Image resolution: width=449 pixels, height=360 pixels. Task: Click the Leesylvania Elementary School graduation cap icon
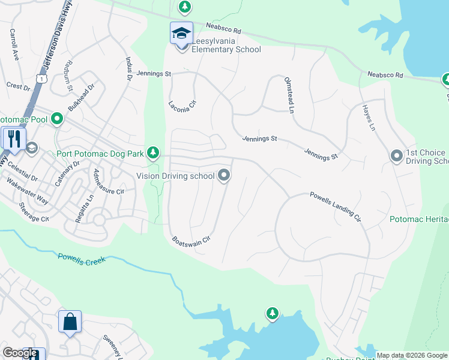click(x=181, y=34)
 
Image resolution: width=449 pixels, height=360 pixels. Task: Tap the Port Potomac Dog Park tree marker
click(x=153, y=154)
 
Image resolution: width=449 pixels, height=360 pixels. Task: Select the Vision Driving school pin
click(x=224, y=175)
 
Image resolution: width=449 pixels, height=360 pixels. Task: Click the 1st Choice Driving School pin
click(x=396, y=156)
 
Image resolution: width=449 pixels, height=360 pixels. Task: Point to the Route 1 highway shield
click(x=41, y=79)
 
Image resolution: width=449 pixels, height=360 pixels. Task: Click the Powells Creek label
click(x=82, y=259)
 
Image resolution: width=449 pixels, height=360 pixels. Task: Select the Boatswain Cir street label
click(x=191, y=239)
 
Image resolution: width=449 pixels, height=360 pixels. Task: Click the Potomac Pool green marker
click(x=57, y=119)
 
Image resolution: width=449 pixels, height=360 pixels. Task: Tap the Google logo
click(x=20, y=353)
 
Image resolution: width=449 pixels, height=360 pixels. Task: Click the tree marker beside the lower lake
click(x=273, y=313)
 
